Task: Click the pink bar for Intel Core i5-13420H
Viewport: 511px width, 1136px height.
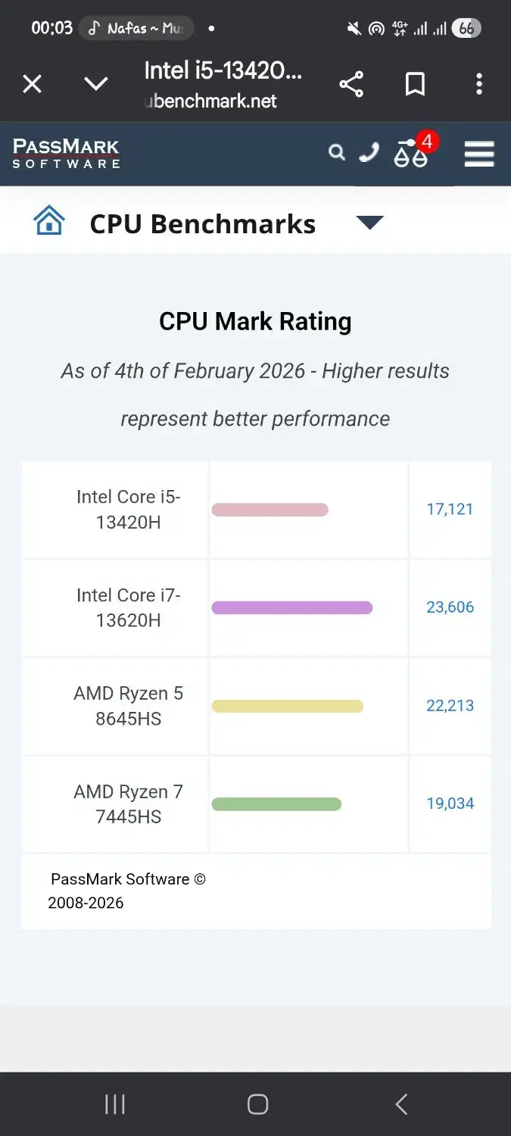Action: coord(270,510)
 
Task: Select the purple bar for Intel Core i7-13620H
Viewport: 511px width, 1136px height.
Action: coord(291,607)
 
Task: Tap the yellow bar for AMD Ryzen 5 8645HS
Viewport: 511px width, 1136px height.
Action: coord(287,706)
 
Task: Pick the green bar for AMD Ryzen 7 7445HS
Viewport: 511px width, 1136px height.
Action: coord(276,804)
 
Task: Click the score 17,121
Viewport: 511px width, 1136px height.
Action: coord(450,509)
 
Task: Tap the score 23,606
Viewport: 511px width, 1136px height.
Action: coord(450,607)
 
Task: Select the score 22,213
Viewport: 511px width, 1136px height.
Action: coord(450,706)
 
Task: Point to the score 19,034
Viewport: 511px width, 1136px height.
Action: coord(450,804)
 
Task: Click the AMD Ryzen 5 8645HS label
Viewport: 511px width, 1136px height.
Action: coord(128,706)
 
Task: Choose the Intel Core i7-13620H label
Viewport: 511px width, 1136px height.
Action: coord(128,607)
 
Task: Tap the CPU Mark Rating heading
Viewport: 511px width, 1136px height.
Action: coord(255,321)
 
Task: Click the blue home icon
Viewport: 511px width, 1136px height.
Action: coord(49,222)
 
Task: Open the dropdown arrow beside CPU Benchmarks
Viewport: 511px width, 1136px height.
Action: coord(369,223)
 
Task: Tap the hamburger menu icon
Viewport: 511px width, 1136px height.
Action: coord(479,154)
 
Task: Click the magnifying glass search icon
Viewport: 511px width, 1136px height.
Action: coord(336,153)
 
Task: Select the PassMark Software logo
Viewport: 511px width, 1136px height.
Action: coord(67,153)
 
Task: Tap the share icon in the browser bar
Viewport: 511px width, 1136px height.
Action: coord(351,84)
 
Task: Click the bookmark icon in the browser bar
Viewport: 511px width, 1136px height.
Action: coord(415,84)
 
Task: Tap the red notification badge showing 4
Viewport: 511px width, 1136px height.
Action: coord(427,142)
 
